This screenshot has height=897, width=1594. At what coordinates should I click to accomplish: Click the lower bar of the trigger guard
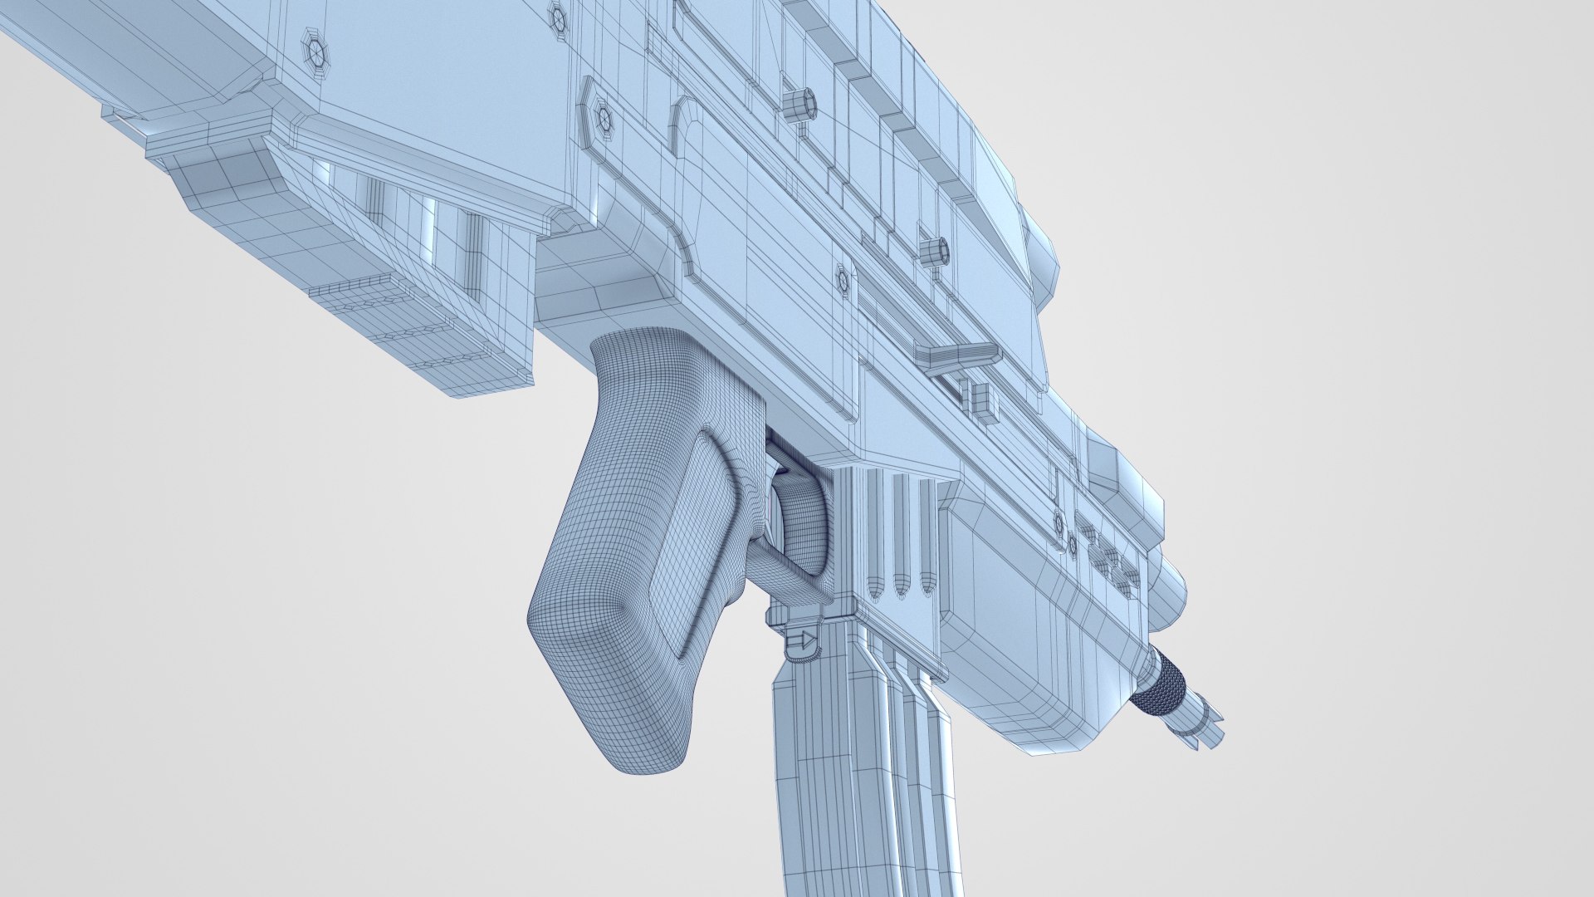tap(789, 573)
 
